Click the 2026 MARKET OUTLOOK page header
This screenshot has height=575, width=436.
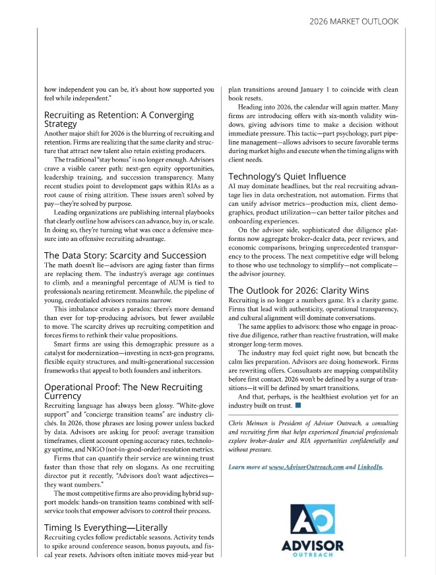[354, 21]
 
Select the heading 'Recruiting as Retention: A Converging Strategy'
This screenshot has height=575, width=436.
[119, 119]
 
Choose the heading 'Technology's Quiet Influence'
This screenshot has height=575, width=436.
[287, 176]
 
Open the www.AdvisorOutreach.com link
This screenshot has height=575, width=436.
[306, 467]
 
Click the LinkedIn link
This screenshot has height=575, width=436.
[370, 467]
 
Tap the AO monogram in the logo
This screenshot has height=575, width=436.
[313, 520]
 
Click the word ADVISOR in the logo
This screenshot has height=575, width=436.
[313, 546]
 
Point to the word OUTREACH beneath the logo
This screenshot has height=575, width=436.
[313, 556]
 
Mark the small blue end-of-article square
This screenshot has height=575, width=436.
[297, 405]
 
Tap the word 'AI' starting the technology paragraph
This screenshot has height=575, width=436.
[233, 187]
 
